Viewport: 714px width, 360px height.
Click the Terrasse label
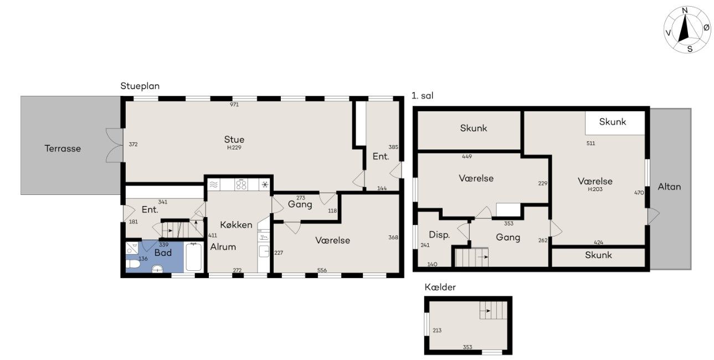pyautogui.click(x=63, y=148)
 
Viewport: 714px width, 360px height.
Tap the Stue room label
pyautogui.click(x=234, y=140)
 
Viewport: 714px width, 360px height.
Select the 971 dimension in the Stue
pyautogui.click(x=234, y=105)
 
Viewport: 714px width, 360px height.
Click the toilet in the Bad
pyautogui.click(x=133, y=264)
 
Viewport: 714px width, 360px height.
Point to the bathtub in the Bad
pyautogui.click(x=193, y=257)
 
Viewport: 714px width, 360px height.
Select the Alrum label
pyautogui.click(x=223, y=247)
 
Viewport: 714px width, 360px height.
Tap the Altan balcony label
pyautogui.click(x=669, y=187)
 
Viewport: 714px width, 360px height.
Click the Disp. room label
pyautogui.click(x=440, y=235)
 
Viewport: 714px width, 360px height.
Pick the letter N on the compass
pyautogui.click(x=685, y=11)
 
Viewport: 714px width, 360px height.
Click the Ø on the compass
pyautogui.click(x=706, y=28)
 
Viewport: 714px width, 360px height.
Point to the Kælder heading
pyautogui.click(x=440, y=287)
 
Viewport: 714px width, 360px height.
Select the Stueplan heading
pyautogui.click(x=140, y=86)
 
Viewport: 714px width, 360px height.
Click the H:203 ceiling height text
pyautogui.click(x=595, y=189)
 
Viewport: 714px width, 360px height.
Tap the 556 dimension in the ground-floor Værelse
pyautogui.click(x=322, y=270)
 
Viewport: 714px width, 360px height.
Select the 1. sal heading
pyautogui.click(x=422, y=96)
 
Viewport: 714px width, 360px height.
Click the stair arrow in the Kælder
pyautogui.click(x=485, y=311)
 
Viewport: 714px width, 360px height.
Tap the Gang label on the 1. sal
pyautogui.click(x=508, y=238)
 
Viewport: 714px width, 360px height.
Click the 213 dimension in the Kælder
pyautogui.click(x=437, y=331)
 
